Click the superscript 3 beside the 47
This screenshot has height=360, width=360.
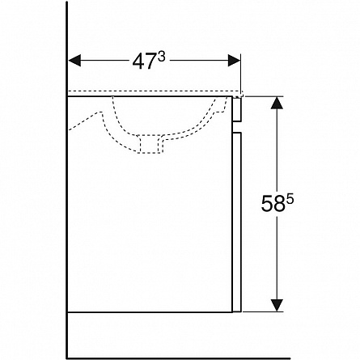(x=161, y=57)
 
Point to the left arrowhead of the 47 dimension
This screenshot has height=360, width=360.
(x=74, y=61)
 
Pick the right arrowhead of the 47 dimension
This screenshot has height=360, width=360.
(x=234, y=61)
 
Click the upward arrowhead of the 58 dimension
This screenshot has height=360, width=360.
(x=277, y=103)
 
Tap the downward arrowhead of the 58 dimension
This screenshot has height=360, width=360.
(x=277, y=305)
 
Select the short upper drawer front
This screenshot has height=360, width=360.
(x=237, y=110)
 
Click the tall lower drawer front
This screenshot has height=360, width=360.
(x=237, y=222)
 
